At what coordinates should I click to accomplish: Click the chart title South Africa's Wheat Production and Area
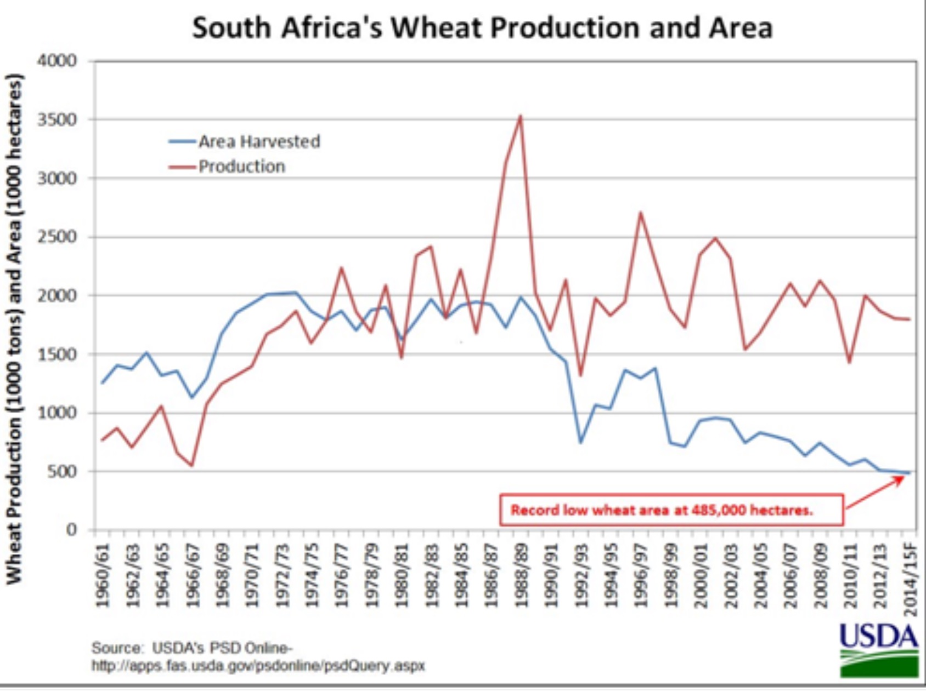click(x=482, y=27)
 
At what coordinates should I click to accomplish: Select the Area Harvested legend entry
click(x=258, y=141)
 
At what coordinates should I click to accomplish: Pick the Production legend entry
click(x=241, y=166)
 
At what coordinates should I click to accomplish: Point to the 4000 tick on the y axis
click(x=58, y=60)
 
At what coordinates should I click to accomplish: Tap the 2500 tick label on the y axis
click(x=58, y=237)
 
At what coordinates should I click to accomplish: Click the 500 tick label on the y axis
click(x=61, y=471)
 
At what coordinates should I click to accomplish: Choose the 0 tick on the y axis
click(x=71, y=530)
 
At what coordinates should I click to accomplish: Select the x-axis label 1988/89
click(x=520, y=575)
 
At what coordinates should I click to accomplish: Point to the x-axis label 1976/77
click(x=341, y=575)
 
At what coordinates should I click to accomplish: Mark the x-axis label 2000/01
click(x=700, y=575)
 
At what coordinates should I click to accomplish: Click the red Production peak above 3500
click(x=520, y=116)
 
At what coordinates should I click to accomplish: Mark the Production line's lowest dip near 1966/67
click(x=191, y=466)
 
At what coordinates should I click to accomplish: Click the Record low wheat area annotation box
click(x=671, y=510)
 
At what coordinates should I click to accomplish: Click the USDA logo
click(x=879, y=649)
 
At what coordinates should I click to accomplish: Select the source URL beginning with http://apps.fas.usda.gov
click(x=258, y=666)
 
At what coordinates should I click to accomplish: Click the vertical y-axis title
click(x=14, y=329)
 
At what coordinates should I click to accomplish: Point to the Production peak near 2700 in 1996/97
click(x=640, y=213)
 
